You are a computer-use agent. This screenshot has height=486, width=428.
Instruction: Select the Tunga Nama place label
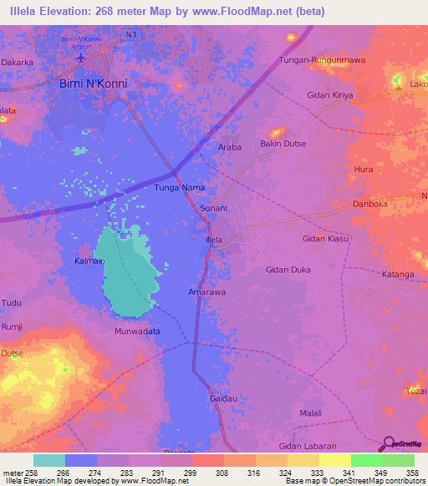(180, 188)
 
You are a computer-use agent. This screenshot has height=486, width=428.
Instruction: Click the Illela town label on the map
(214, 240)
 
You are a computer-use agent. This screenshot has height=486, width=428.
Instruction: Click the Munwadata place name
(137, 332)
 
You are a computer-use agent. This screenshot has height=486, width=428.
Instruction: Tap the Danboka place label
(372, 203)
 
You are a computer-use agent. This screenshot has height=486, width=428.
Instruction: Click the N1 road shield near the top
(128, 34)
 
